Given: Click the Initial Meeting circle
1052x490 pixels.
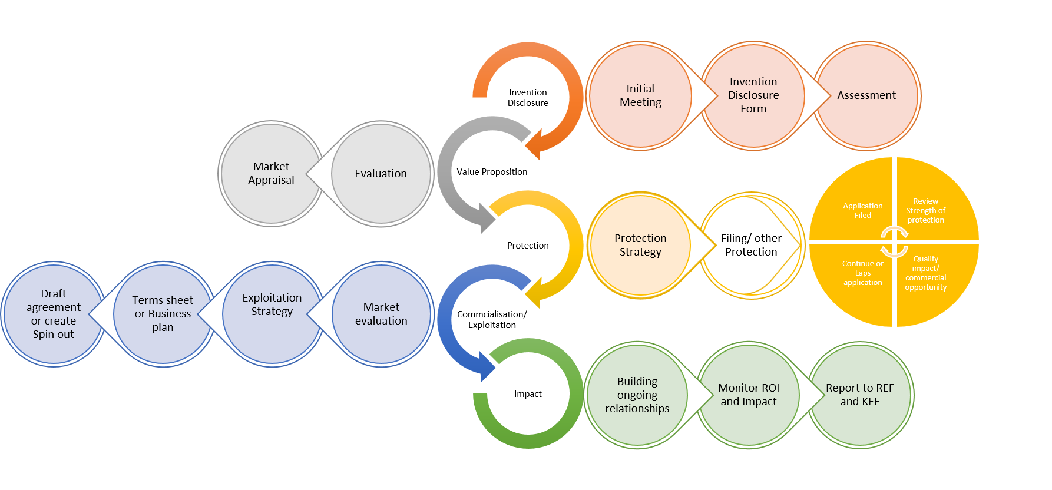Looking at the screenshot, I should [x=640, y=95].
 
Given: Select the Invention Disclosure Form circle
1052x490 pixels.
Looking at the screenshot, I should [x=753, y=95].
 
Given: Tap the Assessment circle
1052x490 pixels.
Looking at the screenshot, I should [x=866, y=95].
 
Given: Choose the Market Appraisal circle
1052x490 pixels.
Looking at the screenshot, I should [x=271, y=173].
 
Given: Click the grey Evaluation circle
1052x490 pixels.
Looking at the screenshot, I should [x=381, y=173].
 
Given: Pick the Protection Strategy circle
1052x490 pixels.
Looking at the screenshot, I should [x=640, y=245].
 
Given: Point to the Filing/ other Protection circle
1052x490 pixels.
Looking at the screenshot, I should [x=751, y=245].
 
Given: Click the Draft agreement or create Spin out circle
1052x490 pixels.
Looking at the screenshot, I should [x=53, y=314].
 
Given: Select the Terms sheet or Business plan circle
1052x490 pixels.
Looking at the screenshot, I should [x=163, y=314].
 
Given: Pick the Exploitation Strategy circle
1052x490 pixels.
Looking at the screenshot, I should [x=272, y=314].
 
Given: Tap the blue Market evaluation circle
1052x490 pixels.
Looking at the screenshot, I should [x=381, y=314].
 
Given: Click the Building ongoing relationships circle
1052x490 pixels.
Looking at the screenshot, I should [x=637, y=395].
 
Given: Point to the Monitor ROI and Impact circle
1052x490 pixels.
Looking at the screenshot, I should [x=748, y=395].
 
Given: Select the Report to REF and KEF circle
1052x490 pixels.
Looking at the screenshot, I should [x=860, y=395].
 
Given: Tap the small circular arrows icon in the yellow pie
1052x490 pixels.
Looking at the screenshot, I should [x=894, y=242].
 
